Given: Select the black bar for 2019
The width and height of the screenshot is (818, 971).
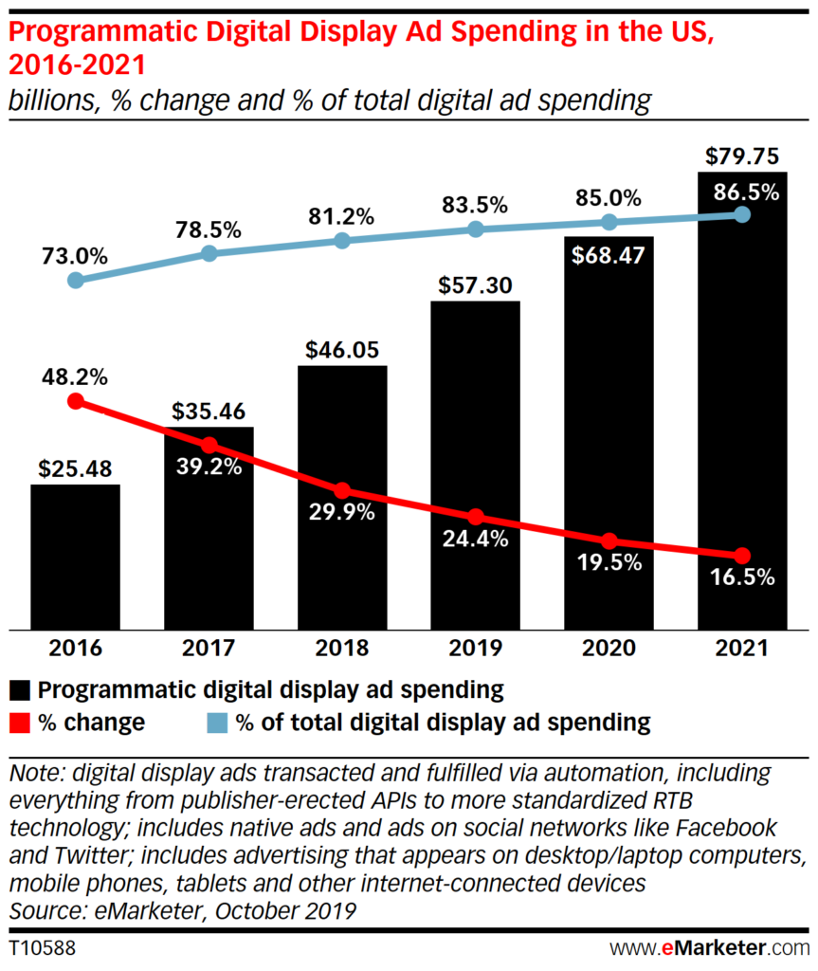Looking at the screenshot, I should pyautogui.click(x=476, y=465).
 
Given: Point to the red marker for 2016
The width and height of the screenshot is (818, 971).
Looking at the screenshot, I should pyautogui.click(x=76, y=401).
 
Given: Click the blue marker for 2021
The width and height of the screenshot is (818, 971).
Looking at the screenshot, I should pyautogui.click(x=742, y=215).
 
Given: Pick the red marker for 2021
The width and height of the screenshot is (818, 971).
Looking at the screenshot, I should pyautogui.click(x=742, y=556).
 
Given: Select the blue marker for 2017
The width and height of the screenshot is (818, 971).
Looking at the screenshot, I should pyautogui.click(x=209, y=253).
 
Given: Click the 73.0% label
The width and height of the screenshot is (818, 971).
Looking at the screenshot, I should pyautogui.click(x=75, y=256).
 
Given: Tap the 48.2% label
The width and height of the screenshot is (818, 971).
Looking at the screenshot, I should pyautogui.click(x=75, y=376).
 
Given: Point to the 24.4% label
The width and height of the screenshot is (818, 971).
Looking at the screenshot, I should pyautogui.click(x=476, y=540).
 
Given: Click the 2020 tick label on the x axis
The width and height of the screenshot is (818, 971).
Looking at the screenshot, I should pyautogui.click(x=609, y=649).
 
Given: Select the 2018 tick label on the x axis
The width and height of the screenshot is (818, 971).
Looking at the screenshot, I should pyautogui.click(x=342, y=649).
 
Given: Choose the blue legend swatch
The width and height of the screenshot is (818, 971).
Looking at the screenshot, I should pyautogui.click(x=217, y=723).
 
